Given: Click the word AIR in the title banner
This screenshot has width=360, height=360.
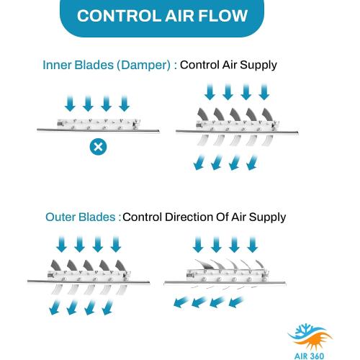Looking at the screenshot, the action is click(179, 16).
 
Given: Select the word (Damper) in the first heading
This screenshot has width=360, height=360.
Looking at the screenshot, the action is click(143, 66).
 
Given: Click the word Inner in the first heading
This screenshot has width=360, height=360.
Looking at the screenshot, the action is click(57, 65).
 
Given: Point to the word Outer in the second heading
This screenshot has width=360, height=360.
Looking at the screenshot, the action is click(60, 217).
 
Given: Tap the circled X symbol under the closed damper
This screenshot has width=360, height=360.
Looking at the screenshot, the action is click(98, 146).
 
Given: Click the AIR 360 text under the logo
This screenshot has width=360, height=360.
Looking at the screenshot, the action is click(310, 356).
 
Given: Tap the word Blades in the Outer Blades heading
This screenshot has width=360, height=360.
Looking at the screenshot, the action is click(97, 217).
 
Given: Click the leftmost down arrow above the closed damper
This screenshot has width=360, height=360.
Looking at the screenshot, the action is click(70, 104).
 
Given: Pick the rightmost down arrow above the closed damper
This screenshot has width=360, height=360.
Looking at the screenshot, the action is click(125, 104).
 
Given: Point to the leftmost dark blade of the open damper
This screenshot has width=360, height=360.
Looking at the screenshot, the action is click(203, 114).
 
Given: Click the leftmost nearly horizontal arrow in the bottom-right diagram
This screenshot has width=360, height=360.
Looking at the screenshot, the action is click(181, 302).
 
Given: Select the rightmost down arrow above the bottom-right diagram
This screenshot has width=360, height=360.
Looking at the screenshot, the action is click(252, 244).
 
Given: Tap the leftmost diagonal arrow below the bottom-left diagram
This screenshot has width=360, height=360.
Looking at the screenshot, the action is click(55, 307).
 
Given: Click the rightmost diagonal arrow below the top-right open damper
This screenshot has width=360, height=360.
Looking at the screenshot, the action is click(252, 163).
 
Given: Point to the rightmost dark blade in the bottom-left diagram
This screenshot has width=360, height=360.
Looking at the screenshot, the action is click(121, 266).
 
